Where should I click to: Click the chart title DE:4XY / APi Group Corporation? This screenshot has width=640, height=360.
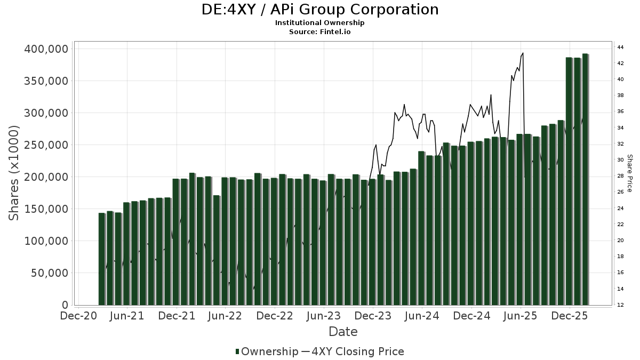pos(320,10)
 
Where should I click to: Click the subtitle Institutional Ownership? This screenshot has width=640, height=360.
pos(320,23)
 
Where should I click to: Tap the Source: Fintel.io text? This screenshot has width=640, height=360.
pos(320,31)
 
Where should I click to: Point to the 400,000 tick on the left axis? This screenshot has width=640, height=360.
pos(46,49)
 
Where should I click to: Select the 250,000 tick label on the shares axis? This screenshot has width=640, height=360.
pos(46,145)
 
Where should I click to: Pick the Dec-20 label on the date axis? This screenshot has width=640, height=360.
pos(78,316)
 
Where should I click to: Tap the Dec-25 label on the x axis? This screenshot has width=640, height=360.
pos(569,316)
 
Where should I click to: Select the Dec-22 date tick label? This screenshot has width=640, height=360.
pos(275,316)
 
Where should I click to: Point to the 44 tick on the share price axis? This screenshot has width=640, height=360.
pos(620,47)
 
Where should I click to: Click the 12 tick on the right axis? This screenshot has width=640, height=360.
pos(620,305)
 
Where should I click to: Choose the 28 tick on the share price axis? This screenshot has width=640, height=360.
pos(620,176)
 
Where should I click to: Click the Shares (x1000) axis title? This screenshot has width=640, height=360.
pos(14,173)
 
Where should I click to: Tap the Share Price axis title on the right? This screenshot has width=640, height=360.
pos(629,173)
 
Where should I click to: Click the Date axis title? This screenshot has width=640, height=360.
pos(343,332)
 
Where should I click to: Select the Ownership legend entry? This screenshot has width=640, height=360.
pos(267,351)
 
